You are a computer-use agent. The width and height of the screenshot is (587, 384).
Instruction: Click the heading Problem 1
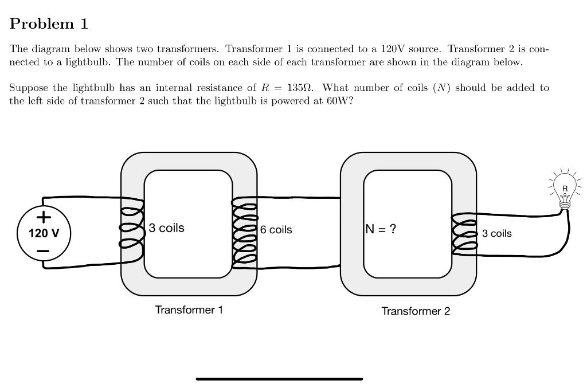[49, 23]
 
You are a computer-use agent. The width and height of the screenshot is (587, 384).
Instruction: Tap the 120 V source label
[44, 233]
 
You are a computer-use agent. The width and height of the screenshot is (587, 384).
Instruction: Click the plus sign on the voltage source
[44, 217]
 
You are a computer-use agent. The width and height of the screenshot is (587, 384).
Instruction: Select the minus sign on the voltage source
[44, 251]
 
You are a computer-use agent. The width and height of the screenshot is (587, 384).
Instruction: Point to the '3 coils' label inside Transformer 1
[167, 228]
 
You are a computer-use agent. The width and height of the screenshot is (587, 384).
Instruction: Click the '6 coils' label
[276, 230]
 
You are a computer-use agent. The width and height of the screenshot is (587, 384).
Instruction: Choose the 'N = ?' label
[380, 229]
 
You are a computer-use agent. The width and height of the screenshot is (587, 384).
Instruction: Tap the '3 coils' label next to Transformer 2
[496, 233]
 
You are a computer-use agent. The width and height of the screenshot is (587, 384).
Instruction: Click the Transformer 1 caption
[189, 310]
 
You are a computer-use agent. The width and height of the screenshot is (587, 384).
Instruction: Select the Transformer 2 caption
[416, 311]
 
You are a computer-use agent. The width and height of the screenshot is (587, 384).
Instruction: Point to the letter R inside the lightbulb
[565, 189]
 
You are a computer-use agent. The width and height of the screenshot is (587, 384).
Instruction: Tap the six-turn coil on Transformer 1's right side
[244, 232]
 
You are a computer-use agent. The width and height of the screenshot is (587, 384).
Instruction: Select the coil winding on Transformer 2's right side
[464, 233]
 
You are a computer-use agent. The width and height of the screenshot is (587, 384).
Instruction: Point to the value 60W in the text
[337, 101]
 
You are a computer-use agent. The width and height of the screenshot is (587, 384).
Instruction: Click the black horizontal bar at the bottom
[279, 379]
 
